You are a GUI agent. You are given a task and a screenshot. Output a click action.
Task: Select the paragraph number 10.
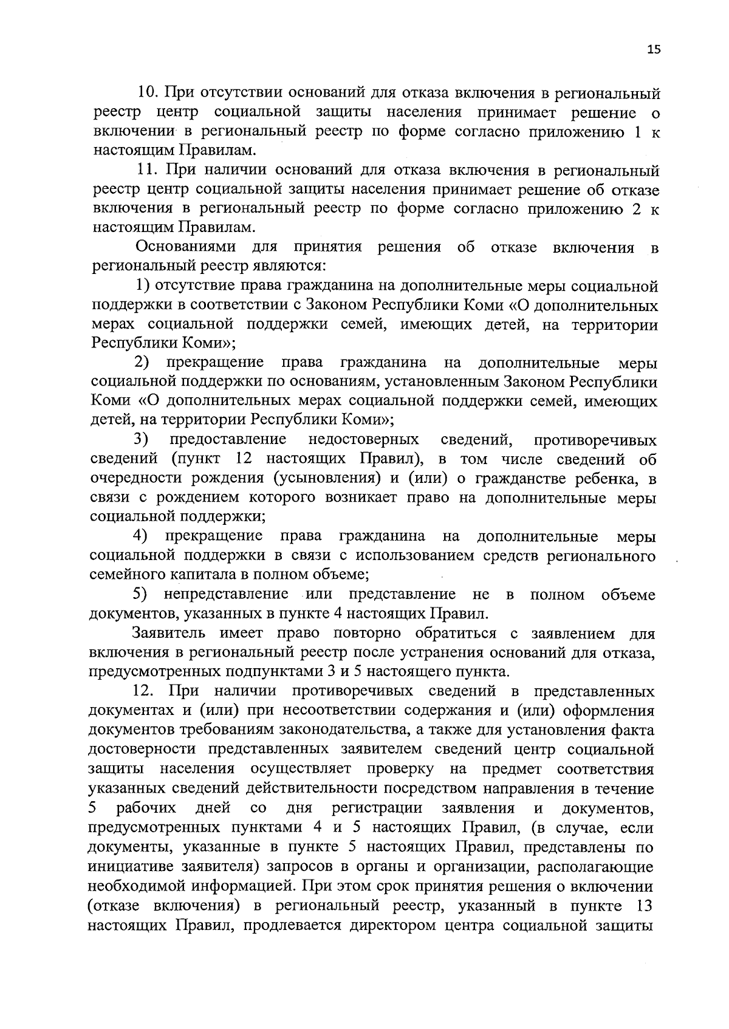[x=148, y=94]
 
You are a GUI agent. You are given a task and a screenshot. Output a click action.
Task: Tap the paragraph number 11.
[x=148, y=171]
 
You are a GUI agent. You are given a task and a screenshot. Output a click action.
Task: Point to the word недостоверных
[x=363, y=439]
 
